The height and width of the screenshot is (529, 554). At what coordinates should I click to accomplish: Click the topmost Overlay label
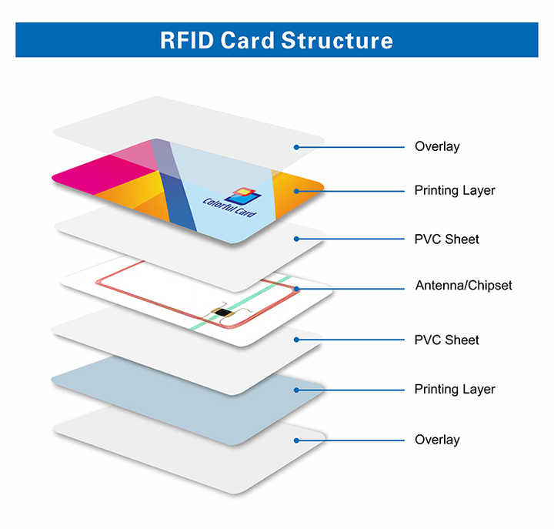[436, 146]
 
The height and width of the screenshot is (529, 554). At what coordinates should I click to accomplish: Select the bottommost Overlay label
[436, 440]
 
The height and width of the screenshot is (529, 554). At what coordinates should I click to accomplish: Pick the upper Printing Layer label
[454, 190]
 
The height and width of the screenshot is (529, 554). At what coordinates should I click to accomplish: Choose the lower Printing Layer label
[454, 390]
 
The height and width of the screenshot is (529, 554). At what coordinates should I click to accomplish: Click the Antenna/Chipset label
[463, 286]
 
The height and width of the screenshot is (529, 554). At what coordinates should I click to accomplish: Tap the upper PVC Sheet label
[446, 239]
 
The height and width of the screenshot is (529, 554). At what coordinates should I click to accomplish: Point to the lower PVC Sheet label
[446, 340]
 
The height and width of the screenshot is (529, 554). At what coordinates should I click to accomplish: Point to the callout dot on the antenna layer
[295, 289]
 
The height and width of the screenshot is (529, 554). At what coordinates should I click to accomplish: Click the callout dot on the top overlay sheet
[295, 146]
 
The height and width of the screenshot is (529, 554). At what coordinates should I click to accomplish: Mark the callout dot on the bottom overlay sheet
[295, 440]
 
